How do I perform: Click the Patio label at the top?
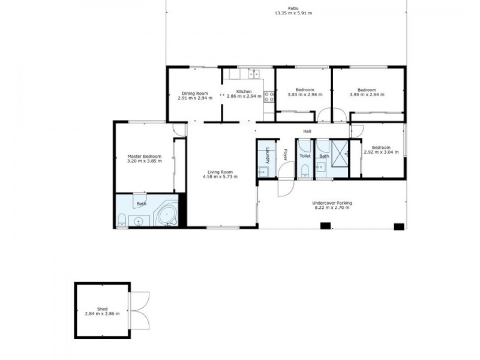(x=293, y=8)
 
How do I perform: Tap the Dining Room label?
(x=195, y=93)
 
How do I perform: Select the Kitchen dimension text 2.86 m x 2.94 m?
(x=244, y=97)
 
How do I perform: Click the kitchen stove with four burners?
(x=269, y=96)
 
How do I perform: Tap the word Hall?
(x=307, y=131)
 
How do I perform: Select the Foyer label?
(x=286, y=154)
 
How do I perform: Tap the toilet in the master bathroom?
(x=122, y=220)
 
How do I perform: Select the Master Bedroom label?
(x=144, y=157)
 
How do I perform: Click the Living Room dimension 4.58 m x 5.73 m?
(x=220, y=177)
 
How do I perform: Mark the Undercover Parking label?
(x=332, y=203)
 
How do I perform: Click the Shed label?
(x=102, y=308)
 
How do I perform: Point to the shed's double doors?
(x=140, y=310)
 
